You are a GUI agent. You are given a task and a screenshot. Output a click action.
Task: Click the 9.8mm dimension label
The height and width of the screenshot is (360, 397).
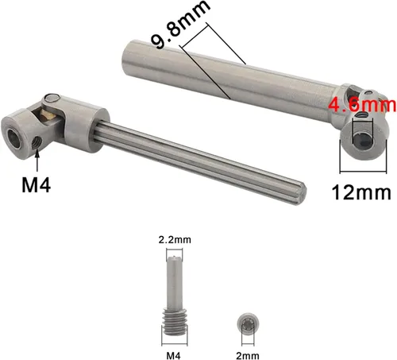point(181,25)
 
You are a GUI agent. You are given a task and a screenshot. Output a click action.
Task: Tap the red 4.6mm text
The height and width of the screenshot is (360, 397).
point(362,105)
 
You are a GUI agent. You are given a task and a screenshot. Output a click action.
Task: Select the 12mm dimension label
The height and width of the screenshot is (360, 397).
point(361,192)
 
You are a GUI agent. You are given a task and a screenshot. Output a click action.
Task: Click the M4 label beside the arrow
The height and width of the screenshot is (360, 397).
point(36,185)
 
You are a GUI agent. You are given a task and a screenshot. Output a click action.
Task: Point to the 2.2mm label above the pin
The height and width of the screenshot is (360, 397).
point(175,240)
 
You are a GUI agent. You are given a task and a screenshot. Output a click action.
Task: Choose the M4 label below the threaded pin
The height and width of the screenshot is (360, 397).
point(174,355)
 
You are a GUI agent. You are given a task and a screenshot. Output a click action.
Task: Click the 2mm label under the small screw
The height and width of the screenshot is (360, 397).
point(248,355)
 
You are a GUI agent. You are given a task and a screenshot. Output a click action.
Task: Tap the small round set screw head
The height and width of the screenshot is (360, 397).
point(248,324)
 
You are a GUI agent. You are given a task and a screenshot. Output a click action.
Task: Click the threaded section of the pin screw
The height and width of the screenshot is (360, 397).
point(175,322)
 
